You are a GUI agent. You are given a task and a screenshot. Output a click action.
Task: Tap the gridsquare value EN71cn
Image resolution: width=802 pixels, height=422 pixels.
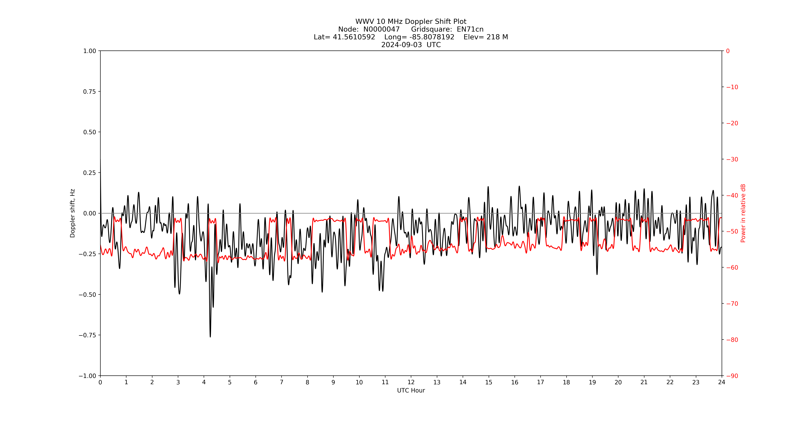[470, 29]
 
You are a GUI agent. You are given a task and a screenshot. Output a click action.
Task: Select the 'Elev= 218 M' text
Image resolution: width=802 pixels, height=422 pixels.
[486, 37]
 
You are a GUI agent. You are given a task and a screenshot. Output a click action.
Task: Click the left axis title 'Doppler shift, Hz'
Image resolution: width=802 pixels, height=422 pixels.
[73, 213]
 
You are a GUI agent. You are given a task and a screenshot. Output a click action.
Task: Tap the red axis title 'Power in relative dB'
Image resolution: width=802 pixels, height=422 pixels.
[743, 213]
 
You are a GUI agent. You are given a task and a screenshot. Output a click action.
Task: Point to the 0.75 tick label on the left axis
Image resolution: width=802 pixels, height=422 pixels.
[89, 91]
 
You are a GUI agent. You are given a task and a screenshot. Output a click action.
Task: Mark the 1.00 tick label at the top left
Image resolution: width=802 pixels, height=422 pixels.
[89, 51]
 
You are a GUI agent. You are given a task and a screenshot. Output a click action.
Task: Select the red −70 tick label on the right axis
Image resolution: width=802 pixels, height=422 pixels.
[732, 304]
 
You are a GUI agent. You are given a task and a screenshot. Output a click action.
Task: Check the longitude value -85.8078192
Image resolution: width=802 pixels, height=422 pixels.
[432, 37]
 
